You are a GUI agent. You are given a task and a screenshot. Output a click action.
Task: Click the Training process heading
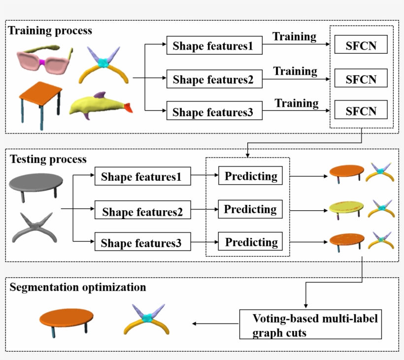(50, 31)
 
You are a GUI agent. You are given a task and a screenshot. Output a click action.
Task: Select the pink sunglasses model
(43, 62)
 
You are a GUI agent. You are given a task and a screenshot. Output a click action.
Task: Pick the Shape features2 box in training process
(213, 79)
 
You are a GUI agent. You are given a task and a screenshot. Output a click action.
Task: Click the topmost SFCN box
(361, 45)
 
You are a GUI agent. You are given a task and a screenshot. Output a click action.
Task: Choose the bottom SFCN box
(361, 111)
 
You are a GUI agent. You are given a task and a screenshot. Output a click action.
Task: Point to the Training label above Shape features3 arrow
(297, 103)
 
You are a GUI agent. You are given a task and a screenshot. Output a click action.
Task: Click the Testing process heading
(48, 159)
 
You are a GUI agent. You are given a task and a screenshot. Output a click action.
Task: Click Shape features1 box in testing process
(142, 177)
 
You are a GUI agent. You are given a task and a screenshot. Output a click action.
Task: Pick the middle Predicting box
(250, 209)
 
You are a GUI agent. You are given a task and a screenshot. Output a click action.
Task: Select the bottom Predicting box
(251, 242)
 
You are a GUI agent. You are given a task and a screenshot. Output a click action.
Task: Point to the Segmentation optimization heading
(78, 287)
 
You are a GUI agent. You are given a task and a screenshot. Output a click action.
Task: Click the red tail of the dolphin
(128, 108)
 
